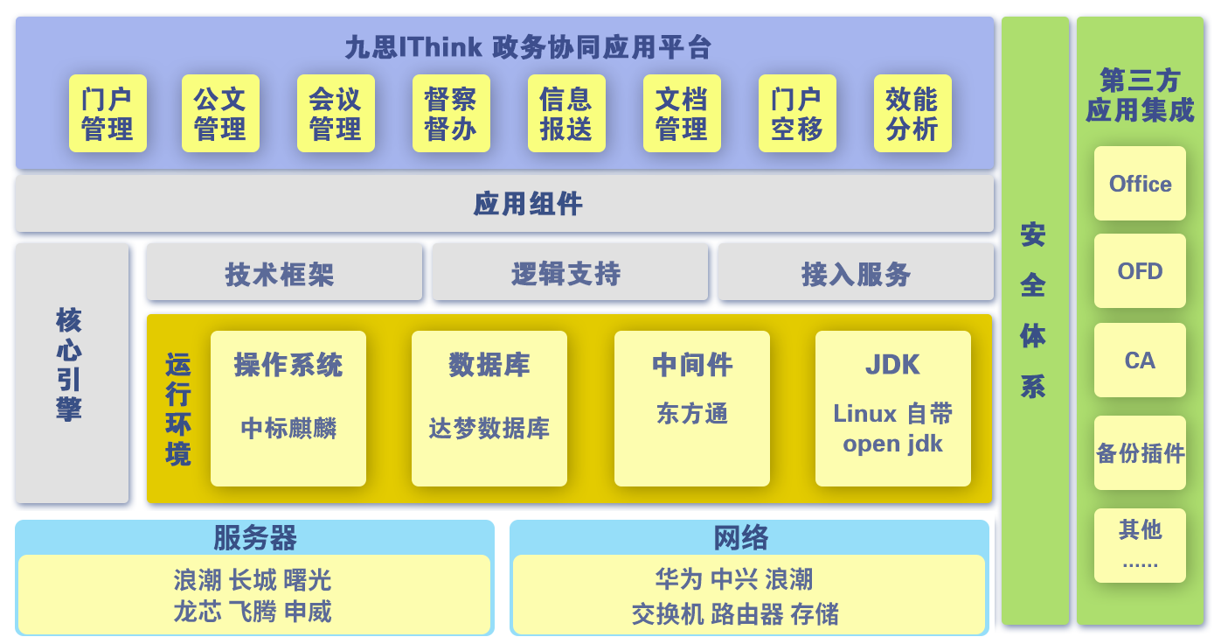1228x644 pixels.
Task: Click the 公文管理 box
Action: pyautogui.click(x=220, y=114)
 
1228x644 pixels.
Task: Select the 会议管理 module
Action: pyautogui.click(x=336, y=114)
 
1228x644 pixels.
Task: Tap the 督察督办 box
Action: pyautogui.click(x=451, y=114)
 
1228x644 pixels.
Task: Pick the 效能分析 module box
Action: pyautogui.click(x=912, y=114)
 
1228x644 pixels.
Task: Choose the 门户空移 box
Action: pyautogui.click(x=797, y=114)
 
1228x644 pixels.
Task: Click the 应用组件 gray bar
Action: pyautogui.click(x=504, y=204)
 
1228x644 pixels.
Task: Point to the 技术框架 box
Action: pyautogui.click(x=283, y=273)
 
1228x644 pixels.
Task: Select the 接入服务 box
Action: pyautogui.click(x=856, y=273)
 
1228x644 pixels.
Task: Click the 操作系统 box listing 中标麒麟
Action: pyautogui.click(x=288, y=408)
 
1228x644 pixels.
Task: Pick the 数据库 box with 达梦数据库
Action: pyautogui.click(x=489, y=408)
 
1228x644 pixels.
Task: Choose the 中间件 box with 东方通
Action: pyautogui.click(x=692, y=408)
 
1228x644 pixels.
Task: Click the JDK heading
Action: pyautogui.click(x=892, y=365)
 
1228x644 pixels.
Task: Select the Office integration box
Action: pyautogui.click(x=1140, y=184)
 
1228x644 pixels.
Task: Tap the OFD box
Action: pyautogui.click(x=1140, y=271)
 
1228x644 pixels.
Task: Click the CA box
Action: pyautogui.click(x=1140, y=360)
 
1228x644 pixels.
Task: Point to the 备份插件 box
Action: pyautogui.click(x=1140, y=453)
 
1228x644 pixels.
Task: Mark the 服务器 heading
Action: pyautogui.click(x=254, y=536)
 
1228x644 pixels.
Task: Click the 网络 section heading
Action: pyautogui.click(x=740, y=536)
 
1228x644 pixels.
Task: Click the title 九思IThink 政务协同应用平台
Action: pyautogui.click(x=528, y=46)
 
